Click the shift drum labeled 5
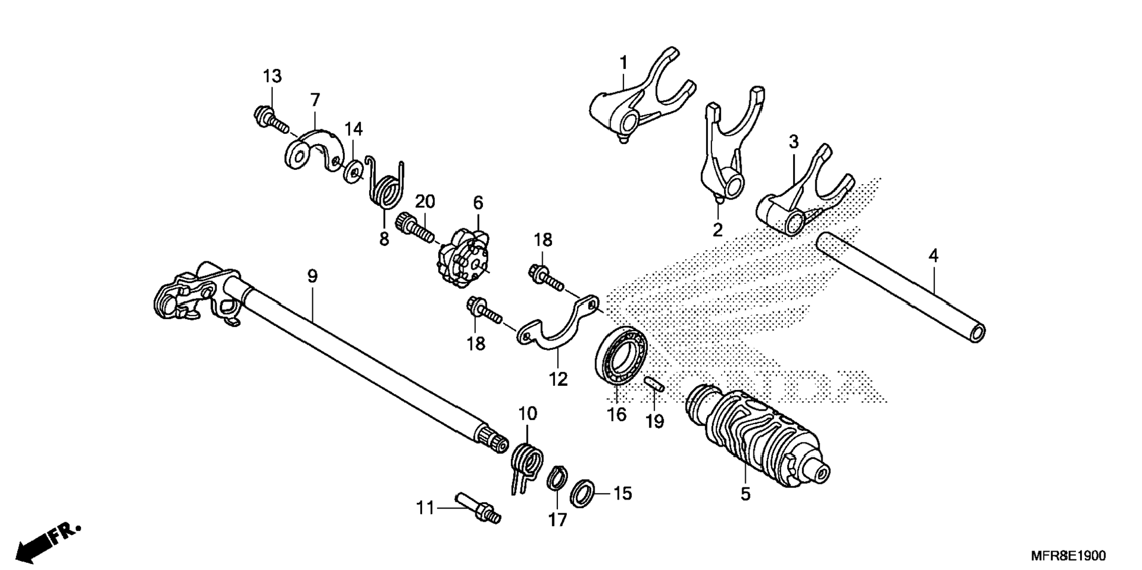coord(756,434)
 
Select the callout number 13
coord(272,77)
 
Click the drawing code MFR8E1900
coord(1068,556)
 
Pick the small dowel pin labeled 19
coord(654,384)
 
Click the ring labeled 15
coord(583,493)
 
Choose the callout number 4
coord(933,256)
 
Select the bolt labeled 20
coord(416,230)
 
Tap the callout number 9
coord(312,276)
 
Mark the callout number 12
coord(558,379)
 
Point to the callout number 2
coord(717,230)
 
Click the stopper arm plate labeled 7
coord(313,151)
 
